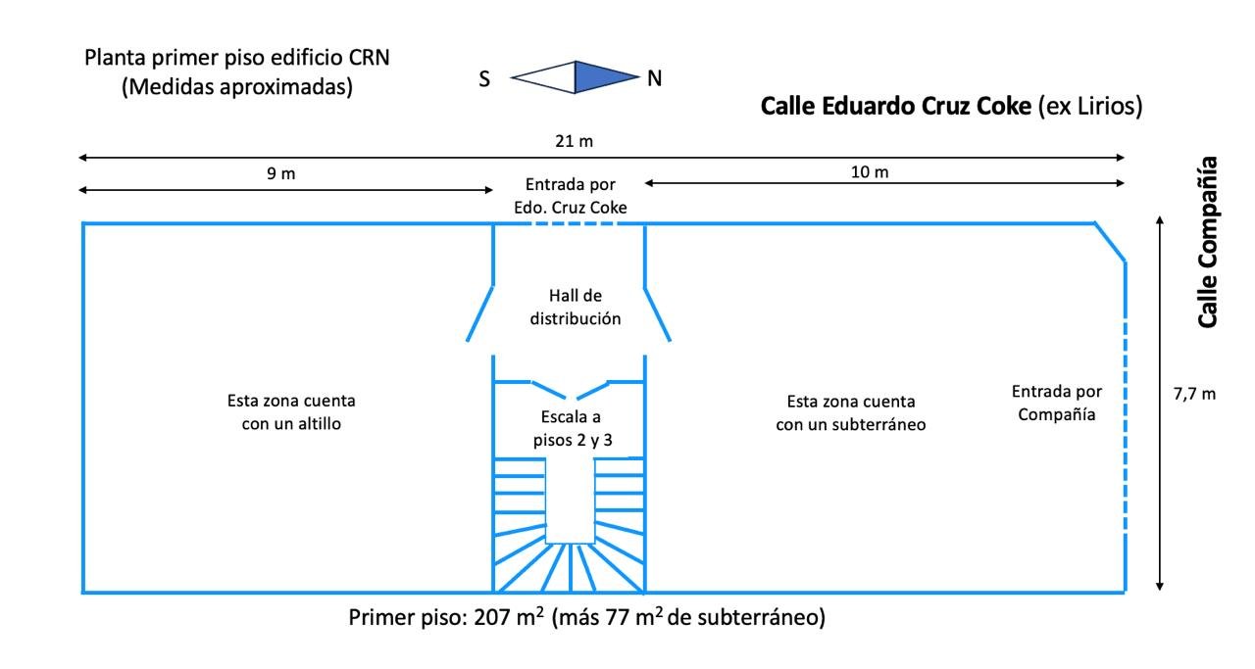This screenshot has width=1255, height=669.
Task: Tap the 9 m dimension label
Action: pyautogui.click(x=281, y=173)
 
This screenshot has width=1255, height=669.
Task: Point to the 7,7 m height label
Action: pyautogui.click(x=1194, y=394)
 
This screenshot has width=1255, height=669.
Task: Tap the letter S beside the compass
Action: pyautogui.click(x=484, y=80)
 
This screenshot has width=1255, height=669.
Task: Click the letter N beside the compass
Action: pyautogui.click(x=655, y=79)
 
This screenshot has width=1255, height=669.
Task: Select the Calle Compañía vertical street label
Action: pyautogui.click(x=1208, y=241)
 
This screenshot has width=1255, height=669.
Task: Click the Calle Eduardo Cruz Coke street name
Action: pyautogui.click(x=896, y=106)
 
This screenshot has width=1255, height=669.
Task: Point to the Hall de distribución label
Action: pyautogui.click(x=576, y=307)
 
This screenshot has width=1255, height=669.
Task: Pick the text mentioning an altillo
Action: pyautogui.click(x=291, y=412)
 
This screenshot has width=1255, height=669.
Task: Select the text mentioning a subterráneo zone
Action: pyautogui.click(x=851, y=412)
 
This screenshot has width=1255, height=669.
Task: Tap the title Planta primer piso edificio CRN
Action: pyautogui.click(x=237, y=57)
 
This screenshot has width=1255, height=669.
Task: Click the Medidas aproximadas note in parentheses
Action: pyautogui.click(x=237, y=86)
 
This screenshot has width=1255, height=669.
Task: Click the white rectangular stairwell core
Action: pyautogui.click(x=570, y=498)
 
